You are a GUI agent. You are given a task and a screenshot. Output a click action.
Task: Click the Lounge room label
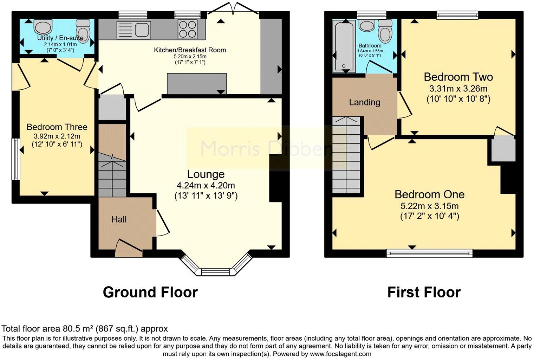click(206, 174)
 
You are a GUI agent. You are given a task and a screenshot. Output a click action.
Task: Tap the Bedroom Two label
click(458, 77)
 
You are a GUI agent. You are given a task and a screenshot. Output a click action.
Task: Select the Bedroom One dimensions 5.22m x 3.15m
click(429, 206)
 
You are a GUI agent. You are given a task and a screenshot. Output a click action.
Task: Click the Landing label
click(364, 102)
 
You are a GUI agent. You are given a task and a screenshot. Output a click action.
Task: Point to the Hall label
click(119, 220)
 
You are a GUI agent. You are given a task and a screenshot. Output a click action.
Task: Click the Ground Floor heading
click(150, 292)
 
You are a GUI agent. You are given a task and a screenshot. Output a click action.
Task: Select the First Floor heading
click(424, 292)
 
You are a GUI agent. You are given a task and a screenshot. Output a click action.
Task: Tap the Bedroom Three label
click(57, 127)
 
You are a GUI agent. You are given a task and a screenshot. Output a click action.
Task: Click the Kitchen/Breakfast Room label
click(190, 50)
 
